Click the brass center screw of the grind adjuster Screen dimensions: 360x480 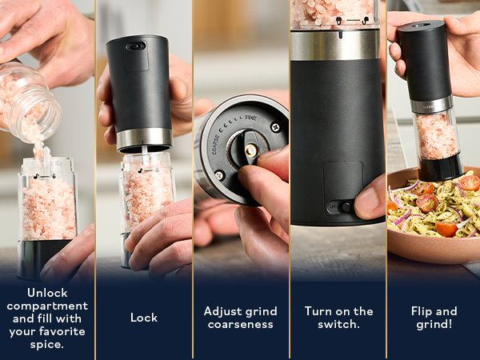point(250,150)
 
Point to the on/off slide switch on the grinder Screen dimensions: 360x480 point(342,207)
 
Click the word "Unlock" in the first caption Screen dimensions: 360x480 point(46,293)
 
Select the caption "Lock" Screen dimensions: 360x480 point(143,318)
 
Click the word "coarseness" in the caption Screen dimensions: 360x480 point(240,324)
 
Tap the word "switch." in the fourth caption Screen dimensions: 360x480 point(339,324)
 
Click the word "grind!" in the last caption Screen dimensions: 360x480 point(434,324)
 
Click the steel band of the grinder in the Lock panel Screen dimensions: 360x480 point(144,140)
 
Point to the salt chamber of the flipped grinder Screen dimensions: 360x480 point(436,136)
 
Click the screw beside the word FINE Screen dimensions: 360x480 point(275,126)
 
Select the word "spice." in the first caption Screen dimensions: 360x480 point(46,344)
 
